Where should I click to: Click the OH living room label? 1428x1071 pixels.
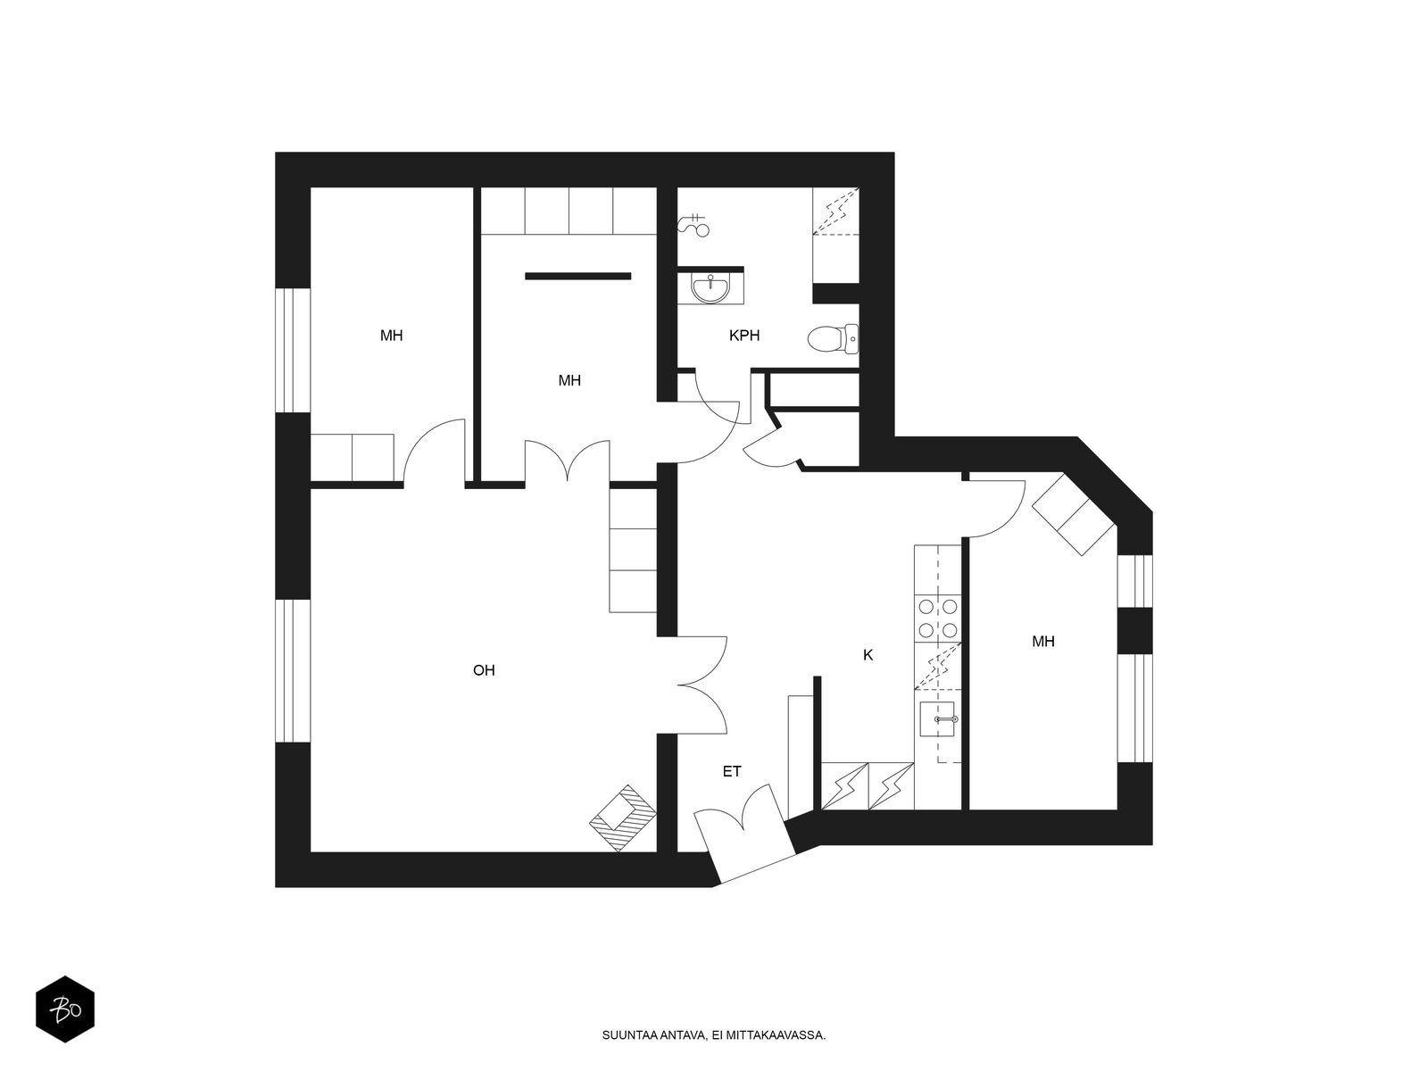(x=484, y=669)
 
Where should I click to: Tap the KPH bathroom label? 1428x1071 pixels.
(x=744, y=336)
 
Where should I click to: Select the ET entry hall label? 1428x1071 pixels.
(x=732, y=771)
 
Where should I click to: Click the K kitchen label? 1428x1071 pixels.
(x=868, y=655)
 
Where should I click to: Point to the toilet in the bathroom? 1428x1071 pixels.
(x=833, y=339)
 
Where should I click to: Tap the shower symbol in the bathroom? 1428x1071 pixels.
(x=693, y=224)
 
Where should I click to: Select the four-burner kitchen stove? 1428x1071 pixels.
(x=937, y=619)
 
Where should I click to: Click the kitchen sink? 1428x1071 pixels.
(x=937, y=719)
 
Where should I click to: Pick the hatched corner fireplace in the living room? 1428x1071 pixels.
(x=623, y=818)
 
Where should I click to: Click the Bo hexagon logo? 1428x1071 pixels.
(x=65, y=1009)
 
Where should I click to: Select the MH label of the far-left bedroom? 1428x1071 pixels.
(x=391, y=336)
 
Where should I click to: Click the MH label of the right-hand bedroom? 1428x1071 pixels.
(x=1042, y=642)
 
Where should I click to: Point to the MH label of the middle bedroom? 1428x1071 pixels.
(x=569, y=380)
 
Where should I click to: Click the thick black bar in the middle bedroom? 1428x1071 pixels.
(x=577, y=277)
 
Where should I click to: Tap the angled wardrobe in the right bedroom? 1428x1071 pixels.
(x=1074, y=514)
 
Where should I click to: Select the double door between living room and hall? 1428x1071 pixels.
(x=702, y=685)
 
